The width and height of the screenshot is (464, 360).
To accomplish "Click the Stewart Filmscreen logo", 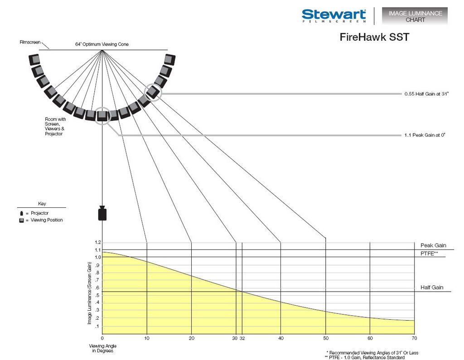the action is pyautogui.click(x=334, y=16).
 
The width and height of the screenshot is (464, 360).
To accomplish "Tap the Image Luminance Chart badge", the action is pyautogui.click(x=415, y=16).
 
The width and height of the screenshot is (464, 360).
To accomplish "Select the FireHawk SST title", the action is pyautogui.click(x=374, y=37).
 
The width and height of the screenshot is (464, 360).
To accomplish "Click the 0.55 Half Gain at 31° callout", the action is pyautogui.click(x=426, y=94).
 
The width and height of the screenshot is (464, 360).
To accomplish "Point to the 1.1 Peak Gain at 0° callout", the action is pyautogui.click(x=425, y=135).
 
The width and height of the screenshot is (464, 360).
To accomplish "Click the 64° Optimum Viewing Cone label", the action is pyautogui.click(x=102, y=44).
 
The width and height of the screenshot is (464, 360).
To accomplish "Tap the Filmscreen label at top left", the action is pyautogui.click(x=30, y=42).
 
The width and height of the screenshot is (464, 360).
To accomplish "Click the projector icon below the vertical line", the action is pyautogui.click(x=102, y=214).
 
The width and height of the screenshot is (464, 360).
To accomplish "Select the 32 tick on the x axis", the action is pyautogui.click(x=242, y=338).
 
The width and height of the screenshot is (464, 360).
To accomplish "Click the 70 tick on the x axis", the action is pyautogui.click(x=414, y=338).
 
